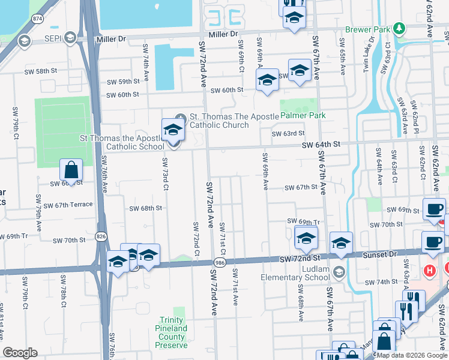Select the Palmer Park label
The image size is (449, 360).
point(303,115)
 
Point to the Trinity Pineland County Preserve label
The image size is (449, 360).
point(173,332)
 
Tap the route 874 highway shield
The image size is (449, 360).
point(37,19)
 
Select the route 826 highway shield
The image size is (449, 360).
point(100,238)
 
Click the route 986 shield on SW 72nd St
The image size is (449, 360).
point(220,263)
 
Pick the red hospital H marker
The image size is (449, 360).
point(429,271)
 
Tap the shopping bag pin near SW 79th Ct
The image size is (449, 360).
point(71,170)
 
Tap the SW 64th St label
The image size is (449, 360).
point(321,145)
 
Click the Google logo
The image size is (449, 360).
point(20,353)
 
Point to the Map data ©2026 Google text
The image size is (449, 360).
point(412,355)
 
